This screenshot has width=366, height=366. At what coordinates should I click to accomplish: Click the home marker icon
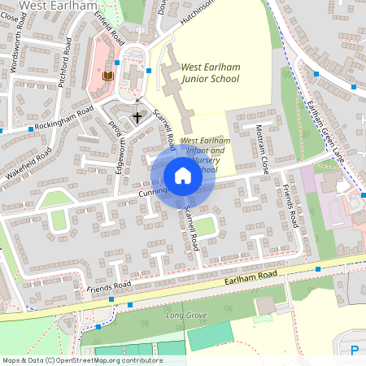[x=183, y=176]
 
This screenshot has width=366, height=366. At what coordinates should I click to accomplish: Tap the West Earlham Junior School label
[x=210, y=73]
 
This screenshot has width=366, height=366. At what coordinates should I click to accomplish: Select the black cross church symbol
[x=137, y=117]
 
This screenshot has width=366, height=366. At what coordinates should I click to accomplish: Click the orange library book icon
[x=107, y=76]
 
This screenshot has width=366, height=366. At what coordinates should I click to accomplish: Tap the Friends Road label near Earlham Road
[x=108, y=287]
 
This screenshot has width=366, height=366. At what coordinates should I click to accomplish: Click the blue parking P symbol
[x=355, y=351]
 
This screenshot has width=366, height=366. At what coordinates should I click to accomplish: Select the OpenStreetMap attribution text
[x=82, y=359]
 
